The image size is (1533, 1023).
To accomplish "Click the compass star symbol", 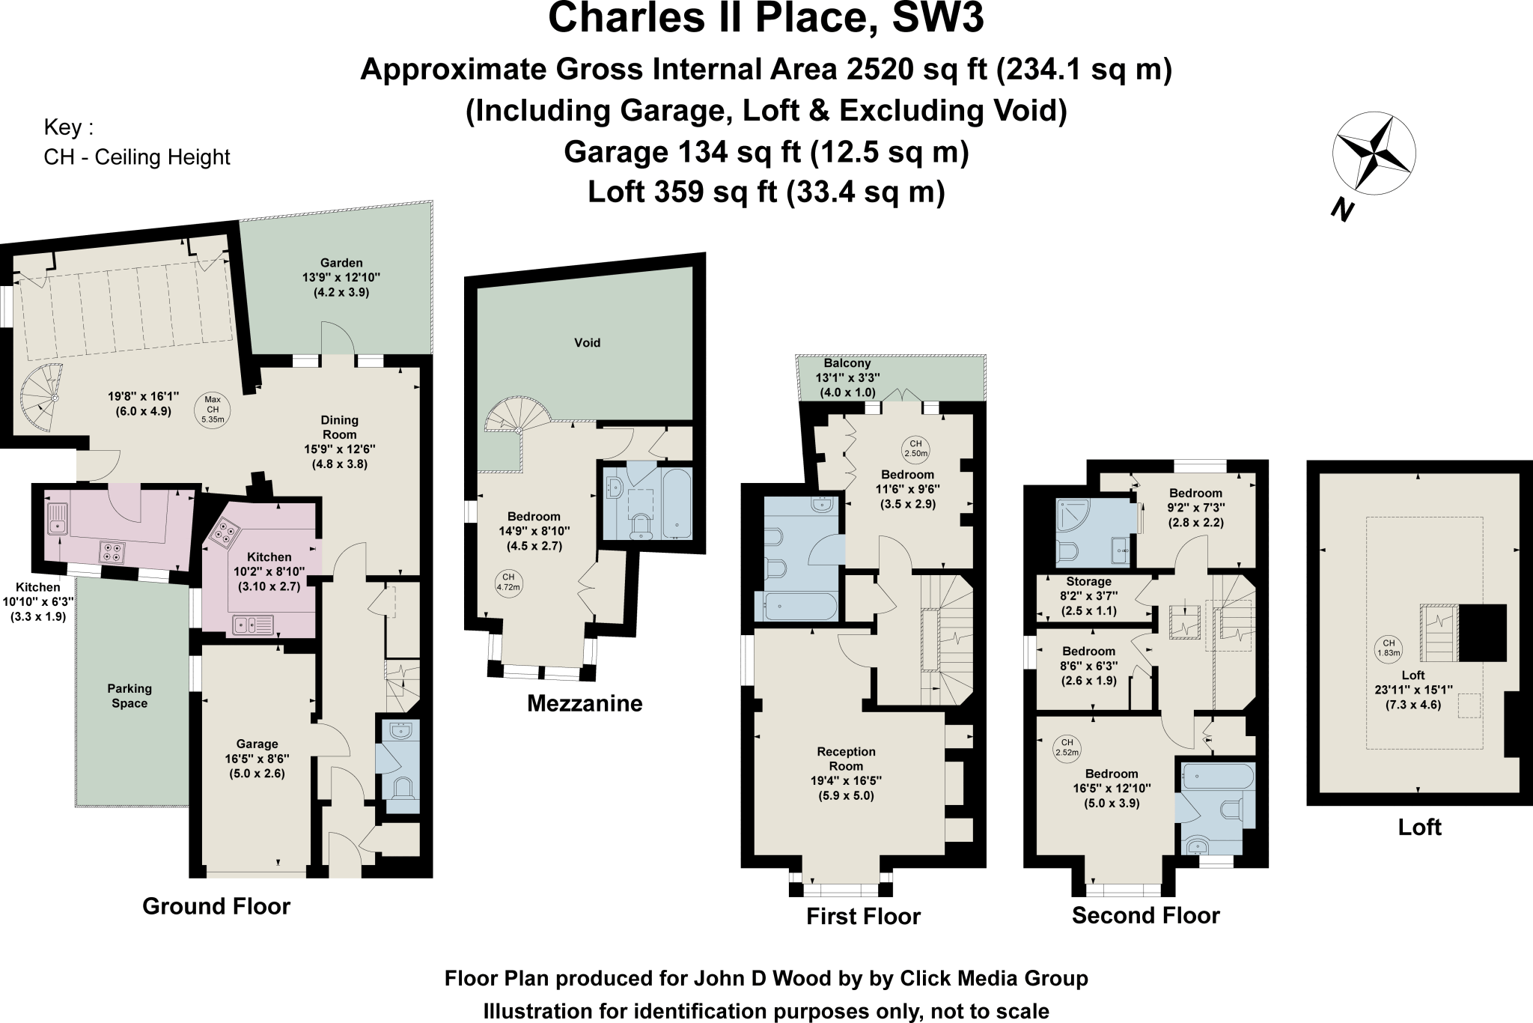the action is point(1374,154).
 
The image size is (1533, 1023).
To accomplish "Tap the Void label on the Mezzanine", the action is point(587,343).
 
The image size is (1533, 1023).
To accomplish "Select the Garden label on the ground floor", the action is point(341,263).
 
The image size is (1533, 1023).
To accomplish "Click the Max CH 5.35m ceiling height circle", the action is point(213,410).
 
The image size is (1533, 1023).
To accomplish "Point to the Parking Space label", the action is point(129,696).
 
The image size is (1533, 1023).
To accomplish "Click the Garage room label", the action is point(257,744).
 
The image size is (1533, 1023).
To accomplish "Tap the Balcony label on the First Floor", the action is point(847,363).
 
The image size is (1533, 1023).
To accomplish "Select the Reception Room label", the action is point(846,759).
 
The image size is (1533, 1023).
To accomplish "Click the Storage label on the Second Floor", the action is point(1088,582).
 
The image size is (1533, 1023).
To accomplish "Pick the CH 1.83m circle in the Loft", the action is point(1389,648).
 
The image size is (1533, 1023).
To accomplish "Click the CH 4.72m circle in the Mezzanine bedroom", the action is point(508,582).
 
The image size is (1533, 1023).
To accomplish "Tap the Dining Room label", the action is point(340,428).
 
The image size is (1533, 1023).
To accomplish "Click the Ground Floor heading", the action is point(216,907).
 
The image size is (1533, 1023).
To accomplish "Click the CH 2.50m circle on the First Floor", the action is point(916,449).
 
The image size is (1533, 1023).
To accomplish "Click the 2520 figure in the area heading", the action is point(881,69).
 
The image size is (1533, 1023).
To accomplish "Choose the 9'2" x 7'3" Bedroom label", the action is point(1195,508).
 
